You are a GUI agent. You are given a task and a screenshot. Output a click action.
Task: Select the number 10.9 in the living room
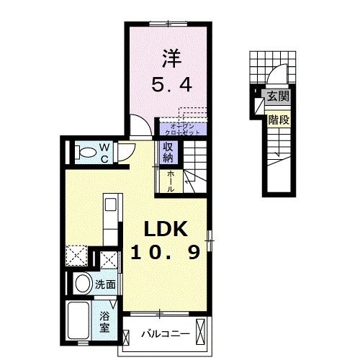165,253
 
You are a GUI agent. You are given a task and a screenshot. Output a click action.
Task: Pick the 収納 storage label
167,152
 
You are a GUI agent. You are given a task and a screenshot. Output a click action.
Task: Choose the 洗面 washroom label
106,284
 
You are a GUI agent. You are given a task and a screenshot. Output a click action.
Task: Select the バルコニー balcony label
165,334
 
